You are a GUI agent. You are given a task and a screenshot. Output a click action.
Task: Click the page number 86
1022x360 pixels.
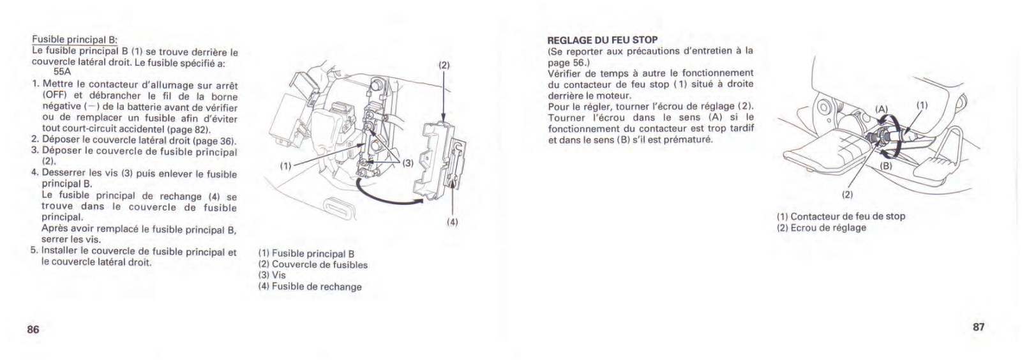[33, 329]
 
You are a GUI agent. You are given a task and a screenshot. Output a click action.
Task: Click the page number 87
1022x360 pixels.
[979, 327]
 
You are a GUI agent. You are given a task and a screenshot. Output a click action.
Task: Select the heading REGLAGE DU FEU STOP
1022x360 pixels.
[603, 40]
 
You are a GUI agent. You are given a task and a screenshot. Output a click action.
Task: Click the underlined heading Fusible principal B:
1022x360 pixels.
[75, 40]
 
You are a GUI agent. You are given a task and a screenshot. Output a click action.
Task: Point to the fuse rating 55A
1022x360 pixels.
[62, 73]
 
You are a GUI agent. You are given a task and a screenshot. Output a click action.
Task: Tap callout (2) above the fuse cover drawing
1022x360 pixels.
[444, 65]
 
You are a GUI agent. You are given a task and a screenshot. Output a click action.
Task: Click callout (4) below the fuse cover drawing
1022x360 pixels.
[452, 223]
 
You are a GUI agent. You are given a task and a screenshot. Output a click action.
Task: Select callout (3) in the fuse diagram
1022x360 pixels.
[407, 162]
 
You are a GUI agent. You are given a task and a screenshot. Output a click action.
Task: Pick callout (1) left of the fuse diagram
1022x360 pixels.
[285, 166]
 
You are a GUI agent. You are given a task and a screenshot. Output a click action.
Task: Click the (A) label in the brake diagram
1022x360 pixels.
[882, 109]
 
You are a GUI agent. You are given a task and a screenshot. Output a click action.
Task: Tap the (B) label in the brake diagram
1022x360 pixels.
[886, 166]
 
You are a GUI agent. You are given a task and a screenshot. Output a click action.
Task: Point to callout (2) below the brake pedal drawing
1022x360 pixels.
[847, 194]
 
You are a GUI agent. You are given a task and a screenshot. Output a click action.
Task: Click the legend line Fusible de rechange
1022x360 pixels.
[310, 287]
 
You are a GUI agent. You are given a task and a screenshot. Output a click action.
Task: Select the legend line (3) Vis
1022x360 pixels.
[272, 275]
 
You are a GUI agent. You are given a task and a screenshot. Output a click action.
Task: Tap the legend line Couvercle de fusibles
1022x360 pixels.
[313, 264]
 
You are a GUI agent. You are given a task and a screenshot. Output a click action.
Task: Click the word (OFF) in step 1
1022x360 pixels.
[54, 95]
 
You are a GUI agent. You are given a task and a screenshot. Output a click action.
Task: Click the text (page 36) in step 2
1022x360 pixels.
[215, 141]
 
